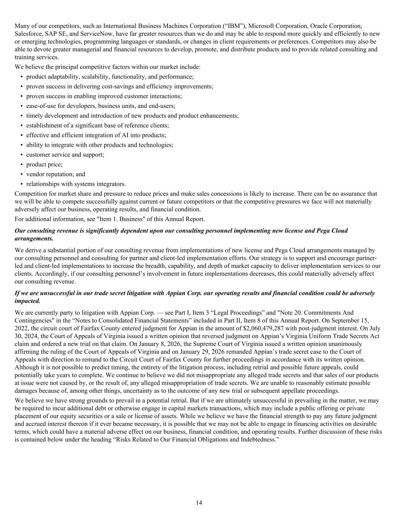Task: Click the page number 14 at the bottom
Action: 199,503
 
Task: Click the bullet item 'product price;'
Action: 44,164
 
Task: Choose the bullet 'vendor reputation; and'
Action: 55,174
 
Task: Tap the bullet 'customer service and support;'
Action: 65,155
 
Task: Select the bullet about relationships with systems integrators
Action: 76,184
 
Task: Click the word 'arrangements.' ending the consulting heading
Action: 34,238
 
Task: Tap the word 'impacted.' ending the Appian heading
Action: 27,301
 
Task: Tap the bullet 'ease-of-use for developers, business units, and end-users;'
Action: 101,106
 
